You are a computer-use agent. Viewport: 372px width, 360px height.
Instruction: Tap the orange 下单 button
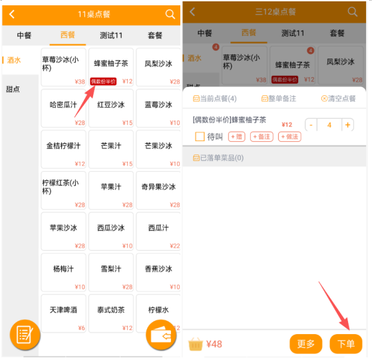(x=346, y=343)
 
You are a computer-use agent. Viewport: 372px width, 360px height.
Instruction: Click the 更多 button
(x=306, y=343)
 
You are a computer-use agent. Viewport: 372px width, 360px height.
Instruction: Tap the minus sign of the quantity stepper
(x=311, y=124)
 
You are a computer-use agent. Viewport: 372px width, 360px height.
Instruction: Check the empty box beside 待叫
(x=200, y=136)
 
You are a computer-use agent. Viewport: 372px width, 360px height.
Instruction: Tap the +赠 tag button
(x=236, y=136)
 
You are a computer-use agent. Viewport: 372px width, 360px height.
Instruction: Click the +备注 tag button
(x=262, y=136)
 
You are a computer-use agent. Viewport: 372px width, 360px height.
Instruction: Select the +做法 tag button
(x=289, y=136)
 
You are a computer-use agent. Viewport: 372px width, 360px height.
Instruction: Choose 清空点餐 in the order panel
(x=338, y=98)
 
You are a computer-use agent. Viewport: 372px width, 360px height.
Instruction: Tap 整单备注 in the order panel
(x=279, y=98)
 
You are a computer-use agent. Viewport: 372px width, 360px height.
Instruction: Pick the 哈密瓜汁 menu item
(x=63, y=108)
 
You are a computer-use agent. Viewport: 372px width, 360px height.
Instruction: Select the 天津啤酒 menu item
(x=63, y=313)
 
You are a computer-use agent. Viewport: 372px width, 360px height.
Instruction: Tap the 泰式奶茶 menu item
(x=111, y=313)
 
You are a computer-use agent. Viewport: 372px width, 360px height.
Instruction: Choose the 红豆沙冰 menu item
(x=111, y=108)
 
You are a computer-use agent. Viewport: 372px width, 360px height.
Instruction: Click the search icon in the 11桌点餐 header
(x=170, y=14)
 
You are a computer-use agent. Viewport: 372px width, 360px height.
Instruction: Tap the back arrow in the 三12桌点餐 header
(x=192, y=11)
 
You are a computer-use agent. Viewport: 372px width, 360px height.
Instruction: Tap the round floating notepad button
(x=25, y=335)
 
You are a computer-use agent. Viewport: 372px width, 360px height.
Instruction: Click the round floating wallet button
(x=161, y=335)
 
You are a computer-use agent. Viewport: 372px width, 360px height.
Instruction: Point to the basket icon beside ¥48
(x=196, y=344)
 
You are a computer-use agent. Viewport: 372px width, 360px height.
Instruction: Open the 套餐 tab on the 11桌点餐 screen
(x=155, y=35)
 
